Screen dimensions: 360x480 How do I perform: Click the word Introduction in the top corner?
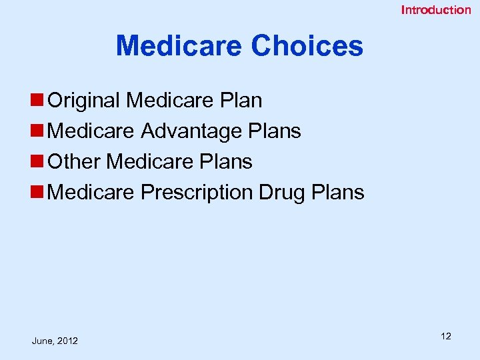click(x=435, y=10)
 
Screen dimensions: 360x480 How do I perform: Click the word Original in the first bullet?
click(x=85, y=101)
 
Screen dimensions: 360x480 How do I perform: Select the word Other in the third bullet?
click(x=75, y=161)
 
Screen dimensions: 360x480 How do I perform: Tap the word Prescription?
click(x=197, y=192)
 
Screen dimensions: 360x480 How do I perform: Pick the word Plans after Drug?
click(x=338, y=192)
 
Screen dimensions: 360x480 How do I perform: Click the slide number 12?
click(x=446, y=336)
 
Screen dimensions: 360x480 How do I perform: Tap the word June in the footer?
click(x=42, y=341)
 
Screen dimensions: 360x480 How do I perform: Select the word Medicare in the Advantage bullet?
click(x=92, y=131)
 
